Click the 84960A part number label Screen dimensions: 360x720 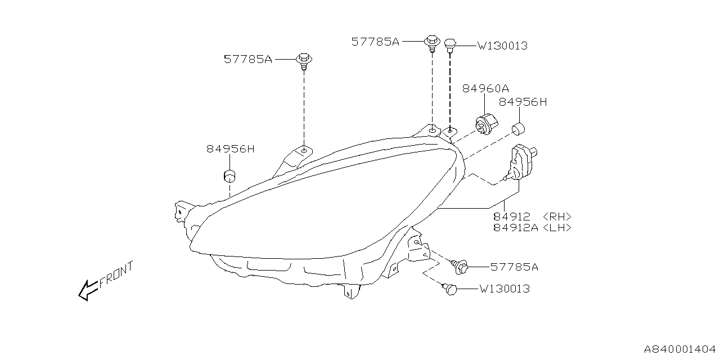pos(486,88)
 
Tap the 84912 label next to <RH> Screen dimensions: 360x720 pos(512,217)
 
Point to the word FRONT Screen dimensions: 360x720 pos(116,274)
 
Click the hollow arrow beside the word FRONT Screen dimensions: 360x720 pos(88,291)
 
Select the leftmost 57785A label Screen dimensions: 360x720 pos(247,59)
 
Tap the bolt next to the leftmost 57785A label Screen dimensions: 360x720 pos(304,60)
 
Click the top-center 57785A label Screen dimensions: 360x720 pos(375,42)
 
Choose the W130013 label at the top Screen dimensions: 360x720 pos(503,46)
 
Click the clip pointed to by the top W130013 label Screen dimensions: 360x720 pos(450,44)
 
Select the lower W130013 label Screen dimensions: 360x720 pos(505,289)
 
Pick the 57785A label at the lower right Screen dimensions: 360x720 pos(514,267)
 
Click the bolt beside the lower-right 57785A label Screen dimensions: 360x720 pos(461,267)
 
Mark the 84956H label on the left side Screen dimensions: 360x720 pos(230,149)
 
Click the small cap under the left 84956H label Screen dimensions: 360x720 pos(229,175)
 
